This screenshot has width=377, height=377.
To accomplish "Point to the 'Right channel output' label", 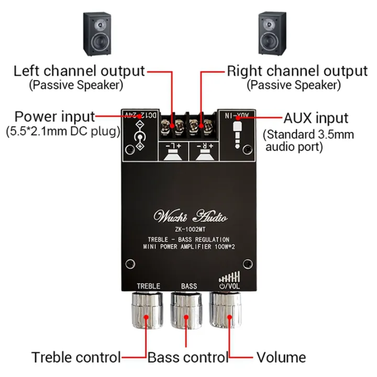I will [x=297, y=71].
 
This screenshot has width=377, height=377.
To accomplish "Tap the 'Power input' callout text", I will [x=54, y=116].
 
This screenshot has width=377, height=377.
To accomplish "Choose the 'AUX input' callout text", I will [x=316, y=117].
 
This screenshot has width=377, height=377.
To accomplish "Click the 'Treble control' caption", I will [x=76, y=358].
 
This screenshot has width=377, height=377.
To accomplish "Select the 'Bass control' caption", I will [x=188, y=358].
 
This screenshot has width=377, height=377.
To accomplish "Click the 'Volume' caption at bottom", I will [x=281, y=358].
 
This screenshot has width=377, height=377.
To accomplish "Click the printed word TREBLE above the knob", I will [x=148, y=286].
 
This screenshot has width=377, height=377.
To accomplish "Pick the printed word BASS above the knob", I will [x=189, y=286].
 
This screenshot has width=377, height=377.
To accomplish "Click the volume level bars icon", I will [x=231, y=276].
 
